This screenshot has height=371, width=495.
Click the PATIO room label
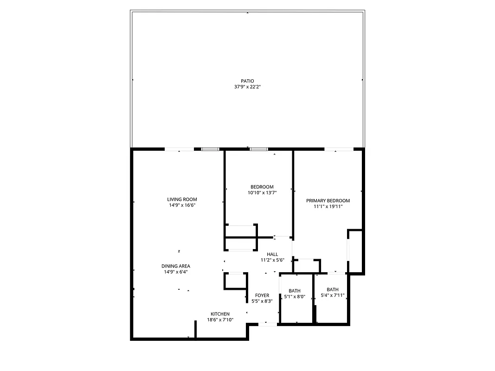tap(247, 81)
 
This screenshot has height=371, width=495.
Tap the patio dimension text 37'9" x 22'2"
tap(247, 87)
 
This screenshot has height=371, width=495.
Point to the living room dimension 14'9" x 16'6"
tap(182, 205)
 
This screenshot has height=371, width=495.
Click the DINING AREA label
tap(176, 266)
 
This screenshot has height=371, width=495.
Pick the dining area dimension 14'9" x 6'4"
tap(176, 272)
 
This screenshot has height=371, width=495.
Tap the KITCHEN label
tap(220, 314)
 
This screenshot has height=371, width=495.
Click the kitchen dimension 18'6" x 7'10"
tap(220, 320)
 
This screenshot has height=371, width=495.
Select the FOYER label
tap(262, 295)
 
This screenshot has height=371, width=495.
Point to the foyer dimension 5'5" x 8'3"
tap(262, 301)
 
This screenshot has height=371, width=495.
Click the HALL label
tap(272, 254)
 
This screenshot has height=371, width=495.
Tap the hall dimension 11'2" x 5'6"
tap(272, 260)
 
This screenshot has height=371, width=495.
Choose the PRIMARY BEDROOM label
tap(328, 201)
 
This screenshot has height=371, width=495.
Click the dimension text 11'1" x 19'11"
tap(328, 207)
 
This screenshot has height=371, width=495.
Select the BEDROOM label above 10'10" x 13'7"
tap(262, 187)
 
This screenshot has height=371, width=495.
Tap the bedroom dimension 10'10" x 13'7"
tap(262, 192)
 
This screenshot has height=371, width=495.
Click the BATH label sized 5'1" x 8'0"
tap(295, 291)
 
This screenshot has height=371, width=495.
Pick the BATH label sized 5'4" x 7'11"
tap(333, 289)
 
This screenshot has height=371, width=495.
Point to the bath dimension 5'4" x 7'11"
tap(333, 295)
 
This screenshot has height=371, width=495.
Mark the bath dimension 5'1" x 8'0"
tap(295, 297)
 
